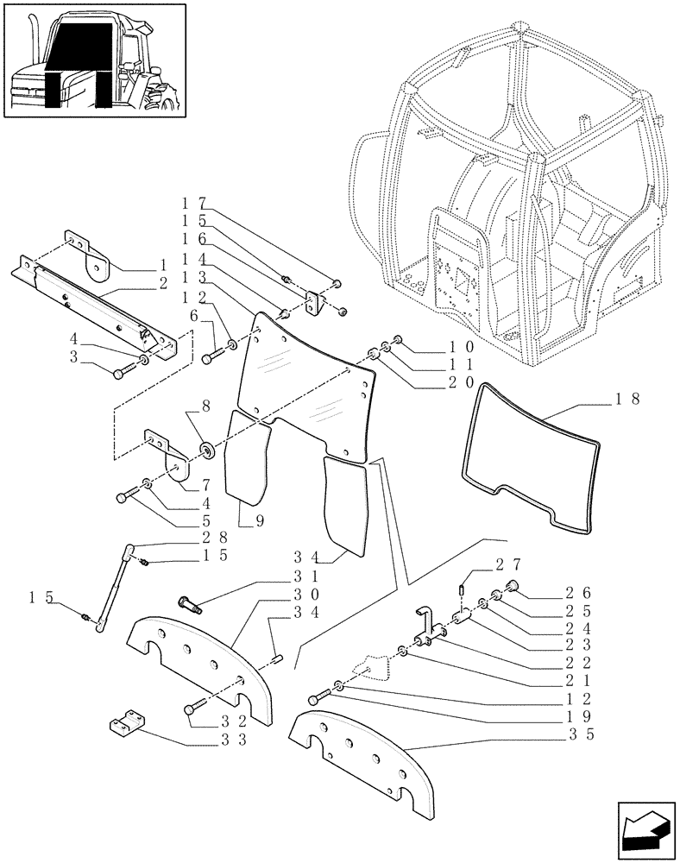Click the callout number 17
tap(192, 202)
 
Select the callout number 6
tap(195, 318)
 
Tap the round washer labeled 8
tap(208, 449)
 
